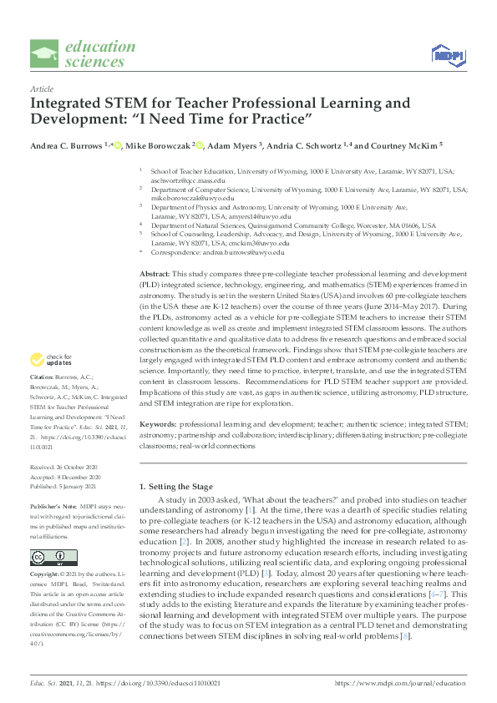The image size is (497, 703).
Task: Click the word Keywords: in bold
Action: pyautogui.click(x=158, y=424)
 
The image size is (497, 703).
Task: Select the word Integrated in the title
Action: pyautogui.click(x=72, y=104)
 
